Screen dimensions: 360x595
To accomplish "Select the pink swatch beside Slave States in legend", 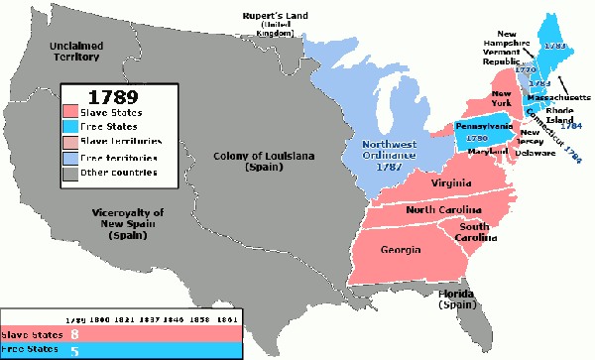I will point(71,114).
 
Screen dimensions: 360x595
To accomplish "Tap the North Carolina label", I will point(440,210).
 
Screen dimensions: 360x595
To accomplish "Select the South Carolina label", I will point(474,231).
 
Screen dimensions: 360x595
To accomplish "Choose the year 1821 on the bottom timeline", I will point(125,320).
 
